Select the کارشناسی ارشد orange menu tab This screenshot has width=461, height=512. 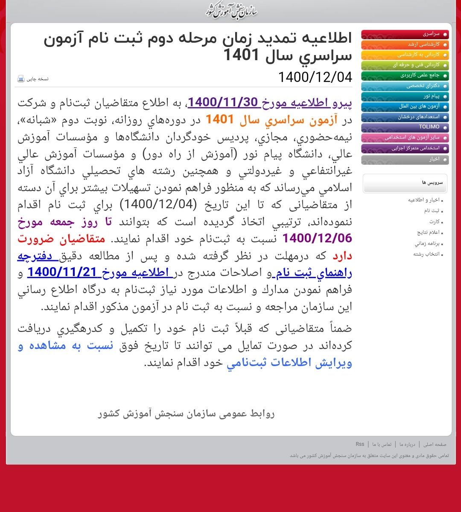coord(405,45)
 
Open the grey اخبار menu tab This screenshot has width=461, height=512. coord(405,160)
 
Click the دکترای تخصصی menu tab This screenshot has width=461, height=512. coord(405,86)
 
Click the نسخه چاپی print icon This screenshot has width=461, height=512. coord(21,79)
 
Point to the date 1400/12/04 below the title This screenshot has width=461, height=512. coord(315,77)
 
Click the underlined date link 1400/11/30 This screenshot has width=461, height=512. coord(223,103)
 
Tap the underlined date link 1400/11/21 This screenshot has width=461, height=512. coord(62,272)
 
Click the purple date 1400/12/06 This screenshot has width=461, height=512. coord(317,238)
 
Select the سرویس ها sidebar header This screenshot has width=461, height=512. coord(405,183)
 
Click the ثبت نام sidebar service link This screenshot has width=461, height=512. coord(431,211)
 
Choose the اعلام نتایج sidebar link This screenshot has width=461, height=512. coord(428,233)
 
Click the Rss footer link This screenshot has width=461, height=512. coord(360,445)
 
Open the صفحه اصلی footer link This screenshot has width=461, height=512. coord(435,445)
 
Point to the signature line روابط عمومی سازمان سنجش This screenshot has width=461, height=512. coord(186,413)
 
